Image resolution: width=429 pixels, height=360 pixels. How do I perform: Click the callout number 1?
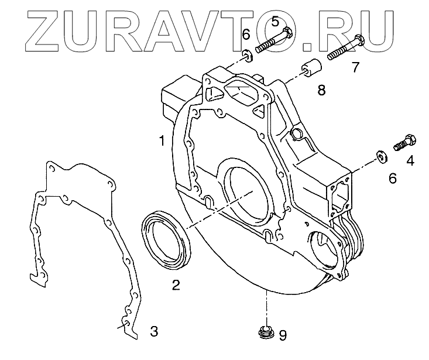tap(160, 140)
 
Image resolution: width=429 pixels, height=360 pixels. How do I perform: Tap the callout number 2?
tap(176, 285)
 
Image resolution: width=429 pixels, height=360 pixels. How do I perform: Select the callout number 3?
tap(153, 331)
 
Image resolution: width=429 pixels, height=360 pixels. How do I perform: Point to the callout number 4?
tap(410, 159)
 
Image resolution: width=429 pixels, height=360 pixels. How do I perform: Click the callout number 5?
tap(275, 22)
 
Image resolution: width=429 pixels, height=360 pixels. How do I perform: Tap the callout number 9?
tap(282, 335)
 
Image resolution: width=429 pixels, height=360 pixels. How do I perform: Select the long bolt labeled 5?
tap(274, 43)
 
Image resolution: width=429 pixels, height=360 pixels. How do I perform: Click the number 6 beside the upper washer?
tap(246, 36)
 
